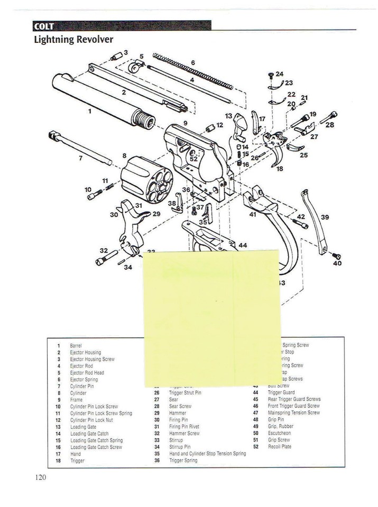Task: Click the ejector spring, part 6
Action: [x=193, y=71]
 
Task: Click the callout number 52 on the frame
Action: [x=193, y=158]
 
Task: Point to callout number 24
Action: [x=279, y=74]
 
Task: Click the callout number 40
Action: [x=337, y=263]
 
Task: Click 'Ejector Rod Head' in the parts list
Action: [x=87, y=372]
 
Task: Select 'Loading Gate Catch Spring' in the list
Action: [x=96, y=440]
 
